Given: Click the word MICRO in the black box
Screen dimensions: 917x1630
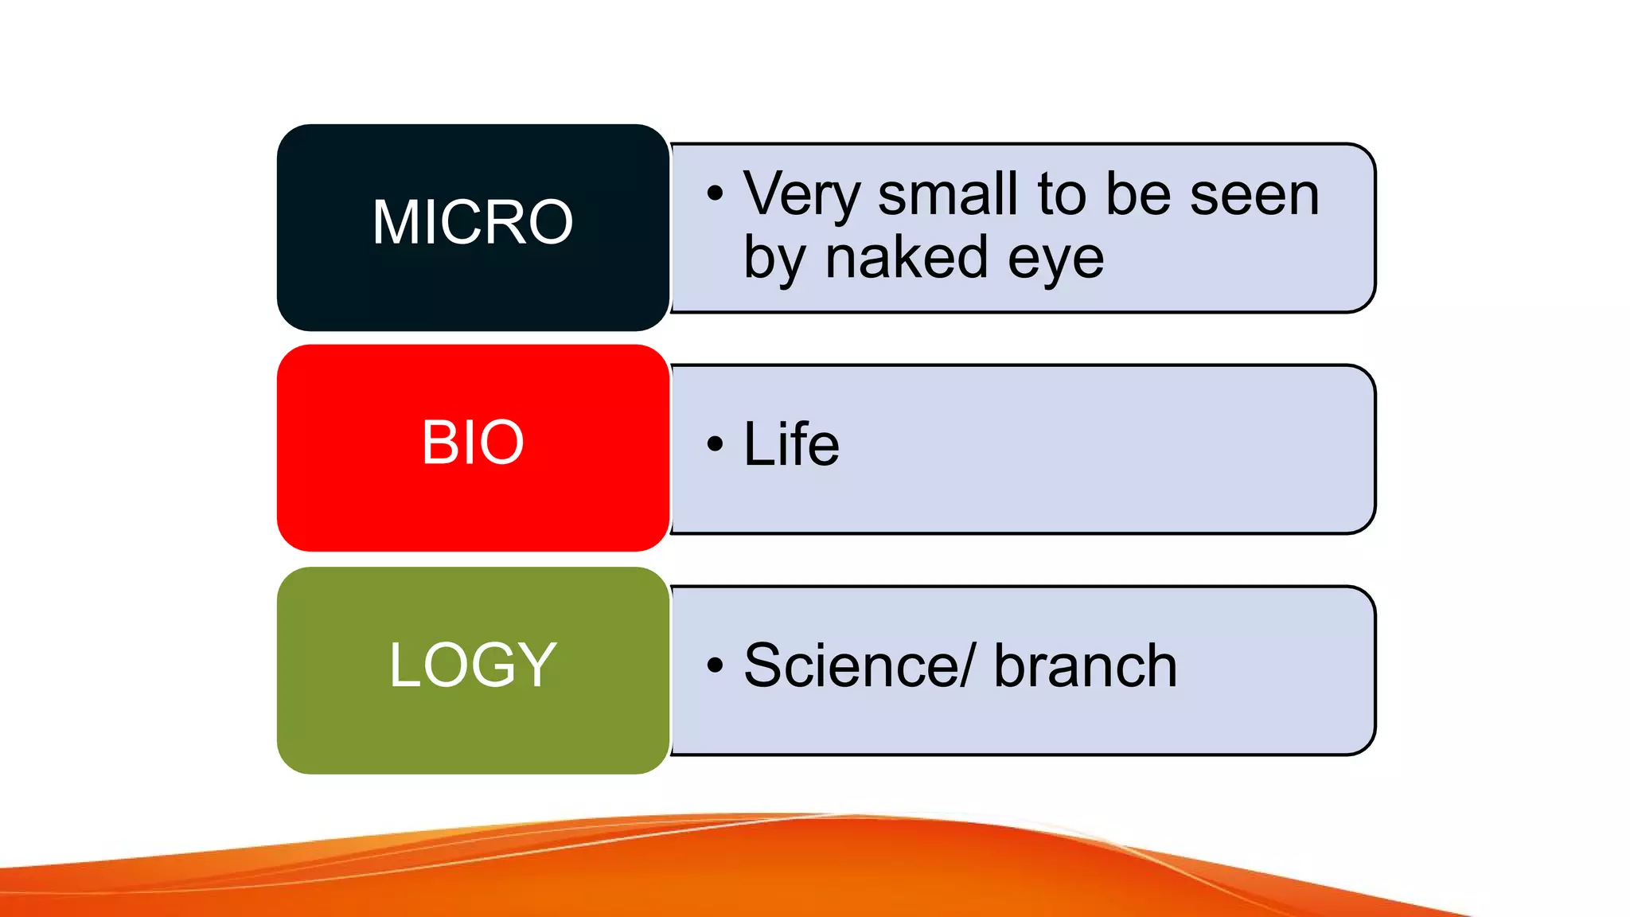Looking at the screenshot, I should pos(473,222).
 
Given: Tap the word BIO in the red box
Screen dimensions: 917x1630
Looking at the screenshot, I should pos(473,443).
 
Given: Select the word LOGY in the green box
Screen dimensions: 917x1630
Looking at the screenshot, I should pos(473,665).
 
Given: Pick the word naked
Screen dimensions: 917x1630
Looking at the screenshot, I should pos(907,258).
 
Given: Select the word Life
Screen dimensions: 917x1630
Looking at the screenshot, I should pos(791,443).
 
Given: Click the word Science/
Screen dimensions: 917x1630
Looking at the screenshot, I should pos(858,665).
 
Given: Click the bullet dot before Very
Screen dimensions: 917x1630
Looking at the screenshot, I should pos(715,193).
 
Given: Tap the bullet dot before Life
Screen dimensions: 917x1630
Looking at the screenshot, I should pos(715,443).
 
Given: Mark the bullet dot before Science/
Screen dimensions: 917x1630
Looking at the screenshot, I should pos(715,665).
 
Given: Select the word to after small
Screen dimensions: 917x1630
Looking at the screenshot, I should pos(1062,195).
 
